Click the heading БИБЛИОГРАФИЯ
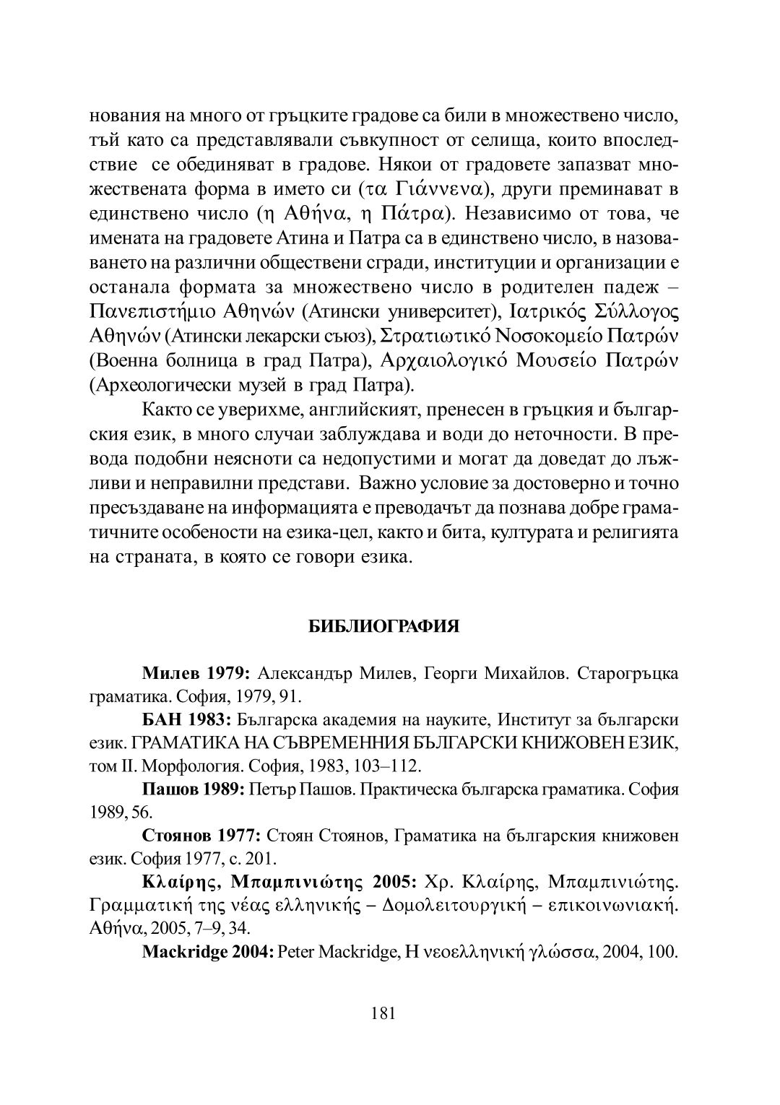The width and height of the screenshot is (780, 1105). point(389,626)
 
